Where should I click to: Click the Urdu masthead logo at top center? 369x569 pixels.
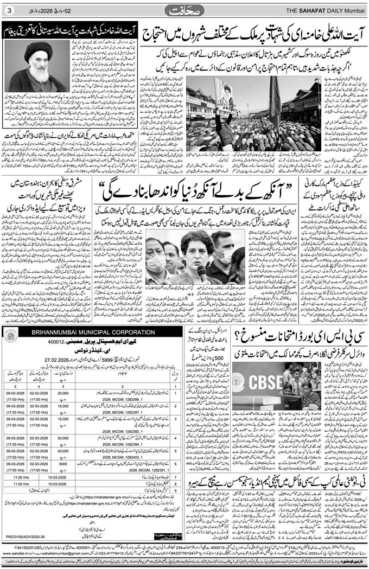point(185,10)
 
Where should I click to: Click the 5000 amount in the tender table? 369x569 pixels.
point(63,464)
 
